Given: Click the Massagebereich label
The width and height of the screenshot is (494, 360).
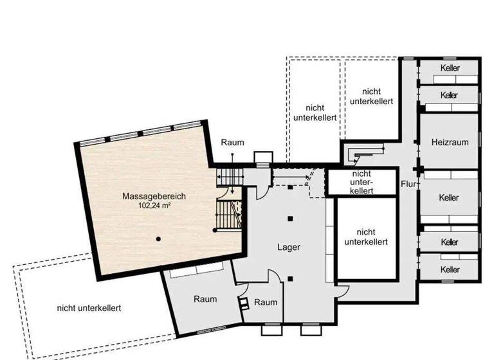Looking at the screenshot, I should (x=154, y=196).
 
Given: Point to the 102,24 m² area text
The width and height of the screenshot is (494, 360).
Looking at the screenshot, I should (x=154, y=206).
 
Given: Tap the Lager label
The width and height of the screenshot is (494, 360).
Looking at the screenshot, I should (x=289, y=247).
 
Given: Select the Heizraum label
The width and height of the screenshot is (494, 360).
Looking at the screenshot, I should (x=450, y=142).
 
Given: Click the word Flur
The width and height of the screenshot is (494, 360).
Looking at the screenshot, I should (x=407, y=184).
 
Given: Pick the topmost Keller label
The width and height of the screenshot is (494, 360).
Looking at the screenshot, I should (x=450, y=69).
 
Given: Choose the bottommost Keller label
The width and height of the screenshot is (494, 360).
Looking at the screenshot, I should (x=450, y=269).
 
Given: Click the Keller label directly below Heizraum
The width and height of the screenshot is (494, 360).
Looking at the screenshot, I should (x=450, y=197).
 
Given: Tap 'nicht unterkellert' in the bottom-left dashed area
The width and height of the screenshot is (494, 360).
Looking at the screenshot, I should (x=89, y=308).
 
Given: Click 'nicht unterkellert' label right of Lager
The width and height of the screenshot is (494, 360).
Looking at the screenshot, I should (x=365, y=237).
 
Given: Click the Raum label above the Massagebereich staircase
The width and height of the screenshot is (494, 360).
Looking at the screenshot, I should (x=232, y=142).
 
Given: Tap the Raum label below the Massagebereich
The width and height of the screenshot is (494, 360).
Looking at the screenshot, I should (x=205, y=299).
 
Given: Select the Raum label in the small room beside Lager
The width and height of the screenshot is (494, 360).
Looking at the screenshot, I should (x=266, y=303).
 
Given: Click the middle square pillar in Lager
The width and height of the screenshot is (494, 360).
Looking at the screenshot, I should (x=291, y=219).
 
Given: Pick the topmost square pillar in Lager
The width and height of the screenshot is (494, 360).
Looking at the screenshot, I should (x=291, y=187).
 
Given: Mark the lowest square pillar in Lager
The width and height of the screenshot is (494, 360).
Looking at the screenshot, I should (x=291, y=278).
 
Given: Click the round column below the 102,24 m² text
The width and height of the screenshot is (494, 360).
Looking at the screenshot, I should (x=158, y=239).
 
